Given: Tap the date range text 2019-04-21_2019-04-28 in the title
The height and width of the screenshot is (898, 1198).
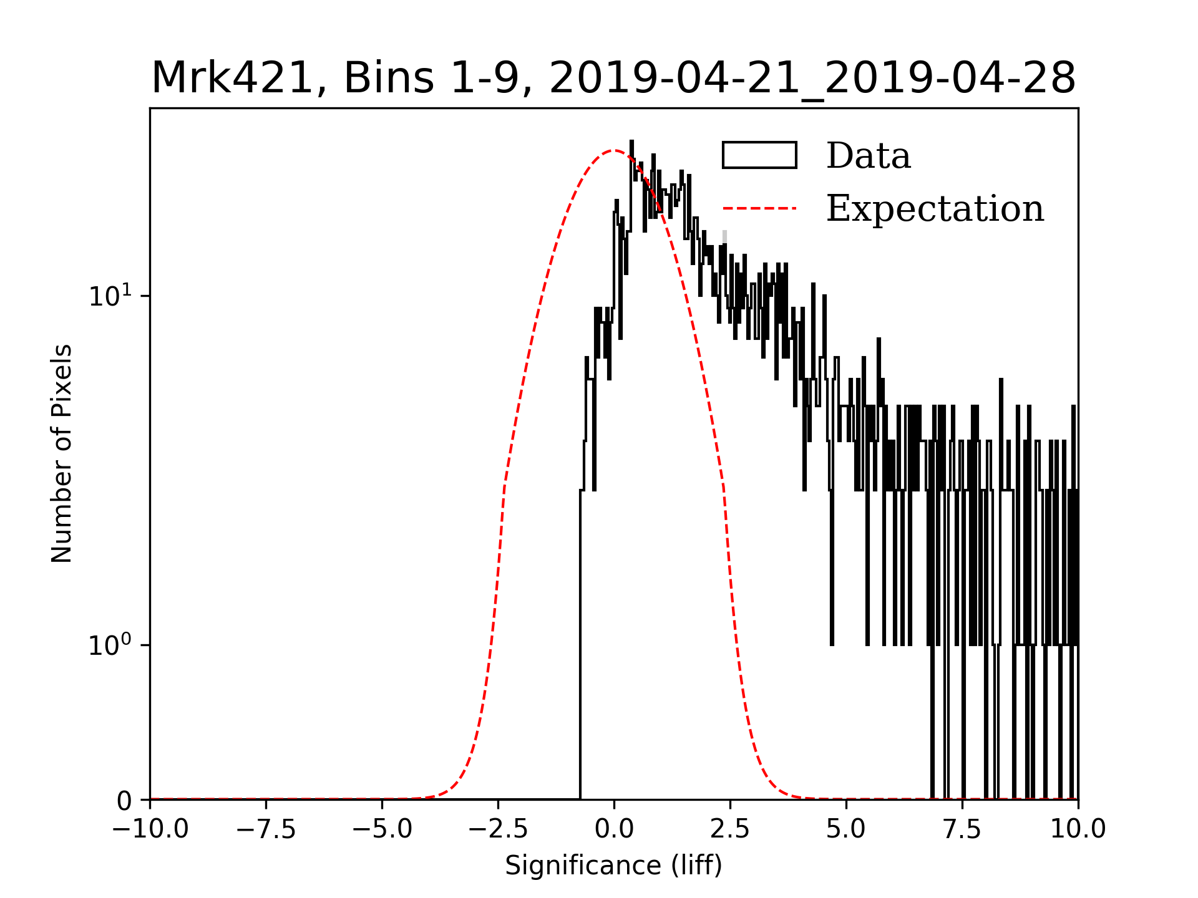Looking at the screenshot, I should [812, 79].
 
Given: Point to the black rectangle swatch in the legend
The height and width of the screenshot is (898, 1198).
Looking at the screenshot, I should [759, 155].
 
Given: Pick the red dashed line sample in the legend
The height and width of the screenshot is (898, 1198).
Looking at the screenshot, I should [759, 208].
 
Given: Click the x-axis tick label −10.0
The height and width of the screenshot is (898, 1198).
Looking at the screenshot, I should [150, 829].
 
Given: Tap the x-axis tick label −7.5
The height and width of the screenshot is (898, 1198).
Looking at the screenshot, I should [266, 829].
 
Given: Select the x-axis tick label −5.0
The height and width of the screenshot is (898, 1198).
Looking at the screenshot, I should [382, 829].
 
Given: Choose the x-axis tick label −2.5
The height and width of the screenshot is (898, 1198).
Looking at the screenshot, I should [498, 829].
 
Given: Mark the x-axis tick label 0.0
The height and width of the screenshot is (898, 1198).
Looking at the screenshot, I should [614, 829].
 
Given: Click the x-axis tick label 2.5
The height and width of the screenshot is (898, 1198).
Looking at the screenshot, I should [730, 829].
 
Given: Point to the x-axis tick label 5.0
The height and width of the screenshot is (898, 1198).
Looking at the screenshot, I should [846, 829].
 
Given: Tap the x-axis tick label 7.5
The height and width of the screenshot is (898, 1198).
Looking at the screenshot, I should [962, 829].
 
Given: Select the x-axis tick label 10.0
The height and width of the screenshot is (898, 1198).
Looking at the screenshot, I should [1078, 829].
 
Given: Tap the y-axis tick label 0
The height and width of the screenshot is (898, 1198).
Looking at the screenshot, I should [124, 801].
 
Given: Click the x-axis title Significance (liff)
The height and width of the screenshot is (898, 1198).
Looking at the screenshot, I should [613, 866].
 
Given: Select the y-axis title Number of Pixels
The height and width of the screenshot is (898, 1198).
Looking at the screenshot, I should [62, 453].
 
